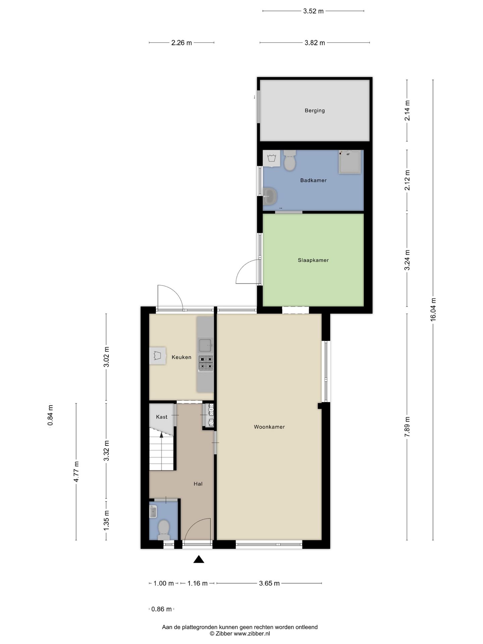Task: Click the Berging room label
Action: [x=315, y=110]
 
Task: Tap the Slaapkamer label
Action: [x=313, y=260]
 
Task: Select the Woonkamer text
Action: [x=269, y=427]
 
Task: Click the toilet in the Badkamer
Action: [x=290, y=160]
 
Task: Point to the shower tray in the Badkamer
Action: [x=350, y=162]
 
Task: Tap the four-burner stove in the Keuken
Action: [x=206, y=363]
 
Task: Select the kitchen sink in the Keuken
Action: [x=205, y=345]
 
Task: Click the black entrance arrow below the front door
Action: [x=199, y=559]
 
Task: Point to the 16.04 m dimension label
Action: [x=433, y=310]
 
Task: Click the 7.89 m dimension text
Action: [x=407, y=427]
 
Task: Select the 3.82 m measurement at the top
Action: [x=315, y=43]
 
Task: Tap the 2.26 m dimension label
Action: [x=181, y=43]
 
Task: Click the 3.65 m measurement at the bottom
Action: [x=269, y=583]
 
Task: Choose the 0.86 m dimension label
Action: [x=161, y=609]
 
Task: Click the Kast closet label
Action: [x=162, y=417]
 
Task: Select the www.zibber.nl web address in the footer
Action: [x=252, y=634]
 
